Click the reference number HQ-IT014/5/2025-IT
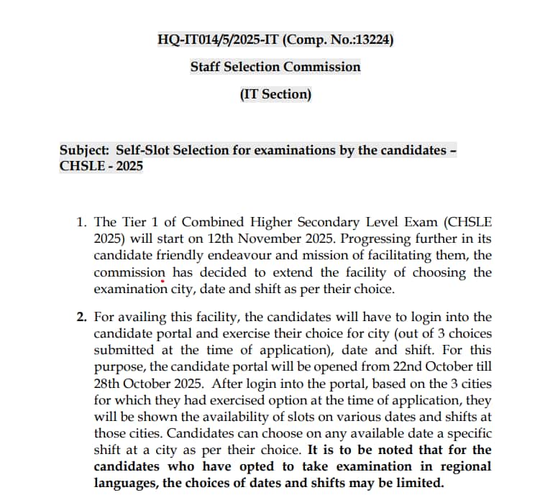click(219, 40)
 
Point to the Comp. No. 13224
click(339, 40)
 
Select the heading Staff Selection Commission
click(275, 67)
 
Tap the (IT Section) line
click(275, 94)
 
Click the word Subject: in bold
click(83, 151)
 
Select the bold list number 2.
click(81, 317)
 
